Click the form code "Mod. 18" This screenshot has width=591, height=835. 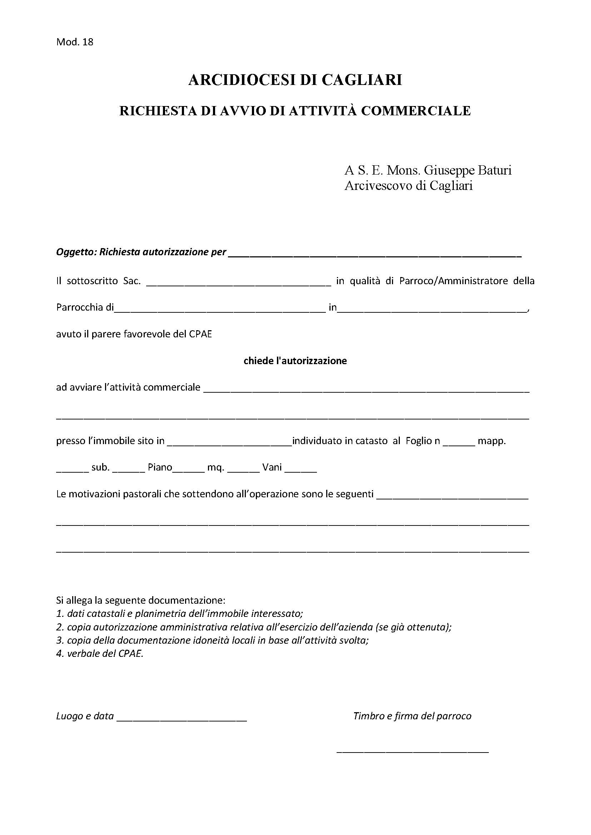pos(75,42)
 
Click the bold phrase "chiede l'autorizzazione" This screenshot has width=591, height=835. pos(295,361)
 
